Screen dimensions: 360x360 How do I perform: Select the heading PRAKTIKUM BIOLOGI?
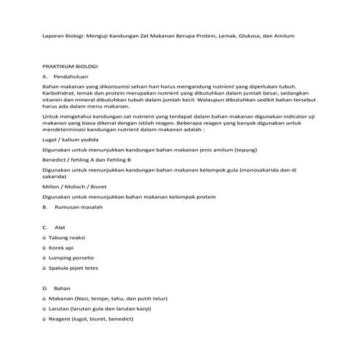[x=70, y=65]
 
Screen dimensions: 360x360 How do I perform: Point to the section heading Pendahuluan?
[x=71, y=76]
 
